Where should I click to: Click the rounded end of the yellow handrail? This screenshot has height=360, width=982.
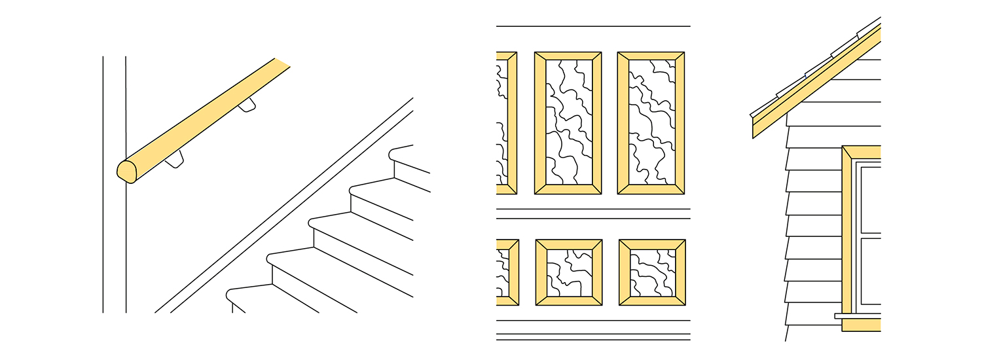click(x=126, y=171)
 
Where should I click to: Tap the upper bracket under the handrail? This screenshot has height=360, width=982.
click(x=247, y=105)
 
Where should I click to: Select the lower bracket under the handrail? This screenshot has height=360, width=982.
click(x=175, y=159)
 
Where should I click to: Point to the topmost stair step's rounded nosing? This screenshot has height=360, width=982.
click(x=393, y=154)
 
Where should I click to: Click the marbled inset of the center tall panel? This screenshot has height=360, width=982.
click(x=568, y=122)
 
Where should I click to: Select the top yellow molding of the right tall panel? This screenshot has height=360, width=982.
click(x=651, y=56)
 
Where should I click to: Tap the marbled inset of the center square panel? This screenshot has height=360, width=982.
click(x=568, y=272)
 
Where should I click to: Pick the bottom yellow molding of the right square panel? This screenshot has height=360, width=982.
click(x=652, y=301)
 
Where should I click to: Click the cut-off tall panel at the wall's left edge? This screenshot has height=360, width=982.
click(x=506, y=122)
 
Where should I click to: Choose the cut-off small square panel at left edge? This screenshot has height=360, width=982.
click(x=507, y=272)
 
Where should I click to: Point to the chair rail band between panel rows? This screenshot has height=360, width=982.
click(x=592, y=213)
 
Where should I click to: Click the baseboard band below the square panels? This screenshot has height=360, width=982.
click(x=592, y=327)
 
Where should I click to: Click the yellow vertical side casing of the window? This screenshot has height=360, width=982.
click(x=847, y=236)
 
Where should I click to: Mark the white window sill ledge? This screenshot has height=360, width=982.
click(x=858, y=315)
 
